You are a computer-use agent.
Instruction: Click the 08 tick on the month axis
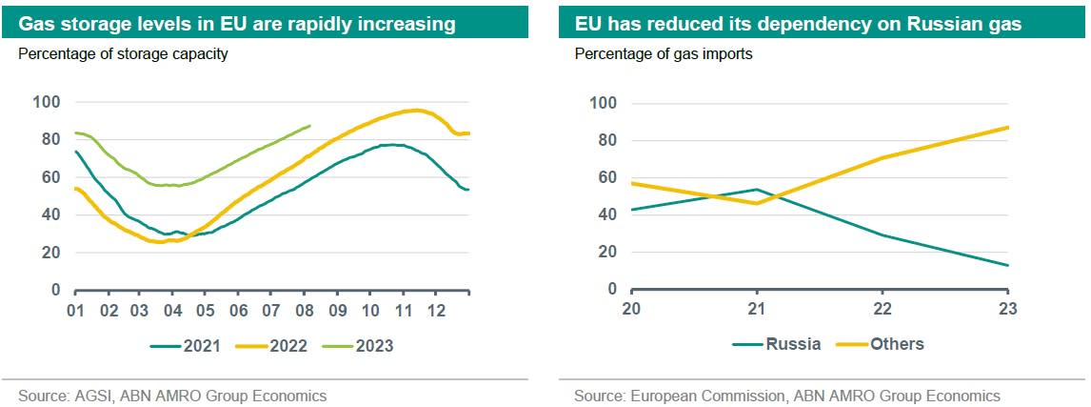[x=306, y=311]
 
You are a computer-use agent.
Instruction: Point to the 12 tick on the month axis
[x=436, y=311]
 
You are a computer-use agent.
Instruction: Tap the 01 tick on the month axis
[x=76, y=311]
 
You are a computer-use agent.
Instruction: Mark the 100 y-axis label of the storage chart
[x=46, y=102]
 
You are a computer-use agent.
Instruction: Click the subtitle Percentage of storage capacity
[x=123, y=53]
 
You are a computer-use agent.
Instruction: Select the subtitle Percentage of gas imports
[x=664, y=53]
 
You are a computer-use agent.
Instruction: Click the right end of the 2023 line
[x=309, y=126]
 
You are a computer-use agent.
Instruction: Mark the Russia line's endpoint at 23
[x=1008, y=265]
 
